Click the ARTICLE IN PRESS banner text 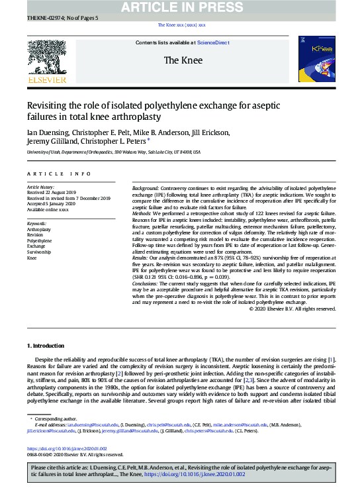[180, 7]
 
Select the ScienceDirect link [212, 42]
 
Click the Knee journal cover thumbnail [316, 60]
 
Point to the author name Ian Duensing [46, 132]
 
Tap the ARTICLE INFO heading [59, 173]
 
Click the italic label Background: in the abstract [146, 189]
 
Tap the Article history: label [42, 188]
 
